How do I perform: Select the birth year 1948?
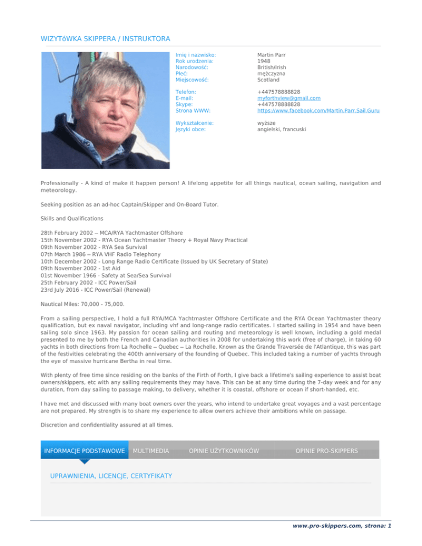264,61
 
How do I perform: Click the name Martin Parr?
271,55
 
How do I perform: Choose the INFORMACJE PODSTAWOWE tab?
84,450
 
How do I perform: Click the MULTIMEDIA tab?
151,450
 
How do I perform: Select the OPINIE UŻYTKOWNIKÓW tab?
224,450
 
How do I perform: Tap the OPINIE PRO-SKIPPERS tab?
326,450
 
